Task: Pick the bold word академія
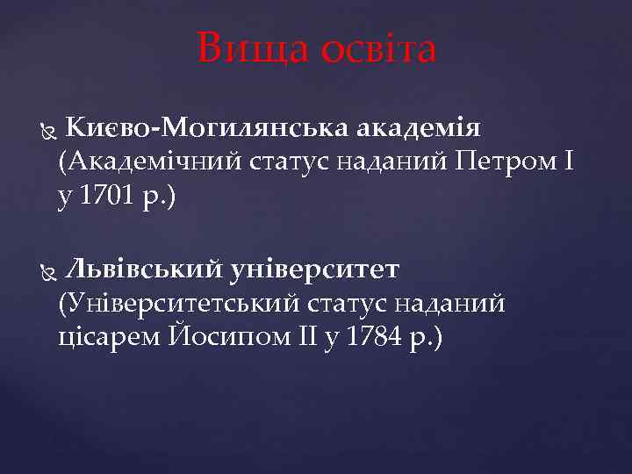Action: point(419,130)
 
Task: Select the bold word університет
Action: point(315,268)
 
